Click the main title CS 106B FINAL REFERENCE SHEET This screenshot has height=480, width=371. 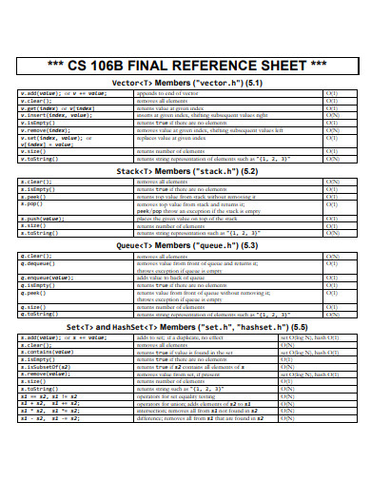point(185,66)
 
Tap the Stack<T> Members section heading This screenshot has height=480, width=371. point(186,171)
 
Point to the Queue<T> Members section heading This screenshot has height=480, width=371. point(186,245)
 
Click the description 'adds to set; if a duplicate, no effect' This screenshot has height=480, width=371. point(190,337)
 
